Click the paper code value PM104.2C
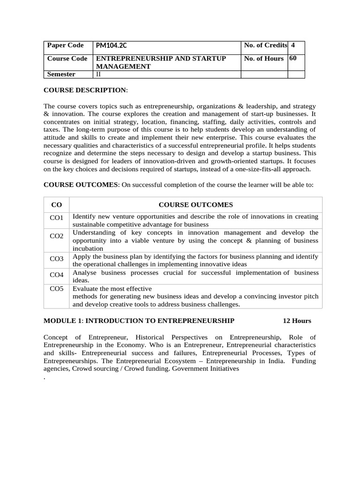[x=111, y=45]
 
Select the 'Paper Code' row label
[x=66, y=45]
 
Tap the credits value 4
[x=293, y=45]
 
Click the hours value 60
[x=293, y=58]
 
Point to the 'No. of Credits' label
[x=265, y=45]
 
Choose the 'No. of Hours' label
[x=263, y=59]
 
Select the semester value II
[x=98, y=74]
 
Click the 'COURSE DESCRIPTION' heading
[x=85, y=90]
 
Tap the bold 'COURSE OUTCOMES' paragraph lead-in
[x=81, y=185]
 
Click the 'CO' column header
[x=56, y=204]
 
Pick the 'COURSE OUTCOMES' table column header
[x=195, y=204]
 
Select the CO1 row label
[x=56, y=217]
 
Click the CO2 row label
[x=56, y=236]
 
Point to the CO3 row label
[x=56, y=258]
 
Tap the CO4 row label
[x=56, y=274]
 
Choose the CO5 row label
[x=56, y=289]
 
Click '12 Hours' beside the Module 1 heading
[x=297, y=321]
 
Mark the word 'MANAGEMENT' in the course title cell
[x=123, y=67]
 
